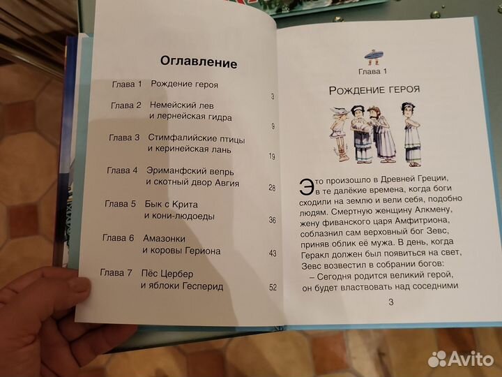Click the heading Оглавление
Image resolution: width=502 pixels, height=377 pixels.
(x=199, y=63)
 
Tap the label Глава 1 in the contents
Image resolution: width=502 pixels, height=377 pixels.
(x=126, y=84)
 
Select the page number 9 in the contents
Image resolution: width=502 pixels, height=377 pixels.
(x=273, y=126)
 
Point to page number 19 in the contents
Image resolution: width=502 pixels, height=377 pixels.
(x=271, y=156)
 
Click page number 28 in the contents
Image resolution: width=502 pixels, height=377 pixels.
(x=271, y=188)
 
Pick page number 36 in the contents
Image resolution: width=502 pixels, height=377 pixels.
(x=272, y=221)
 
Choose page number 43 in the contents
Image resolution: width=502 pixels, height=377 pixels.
(x=272, y=253)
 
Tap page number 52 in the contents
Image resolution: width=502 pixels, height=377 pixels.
(x=272, y=286)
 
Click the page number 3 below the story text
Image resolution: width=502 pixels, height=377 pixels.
(x=390, y=302)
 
